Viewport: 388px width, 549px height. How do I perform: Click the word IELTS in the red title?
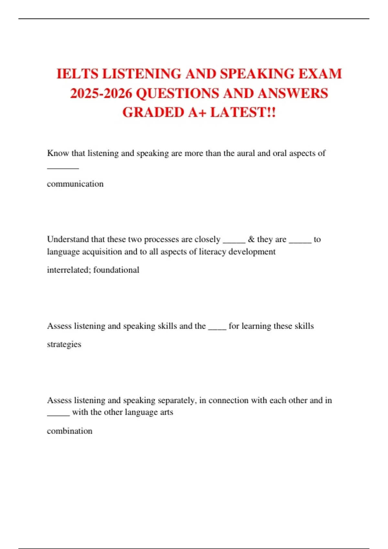[77, 74]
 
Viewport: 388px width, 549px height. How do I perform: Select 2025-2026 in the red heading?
[101, 93]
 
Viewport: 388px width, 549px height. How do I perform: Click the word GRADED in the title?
[153, 112]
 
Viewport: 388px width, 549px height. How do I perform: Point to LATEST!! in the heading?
[243, 112]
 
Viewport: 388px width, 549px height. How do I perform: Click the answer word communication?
[75, 184]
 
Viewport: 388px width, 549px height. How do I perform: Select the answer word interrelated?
[69, 270]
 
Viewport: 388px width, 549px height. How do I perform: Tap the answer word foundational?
[116, 270]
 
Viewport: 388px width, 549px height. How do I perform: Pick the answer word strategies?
[64, 344]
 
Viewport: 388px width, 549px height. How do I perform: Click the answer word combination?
[70, 431]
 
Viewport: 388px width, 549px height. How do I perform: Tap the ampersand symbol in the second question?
[251, 239]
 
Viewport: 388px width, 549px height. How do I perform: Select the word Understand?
[68, 239]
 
